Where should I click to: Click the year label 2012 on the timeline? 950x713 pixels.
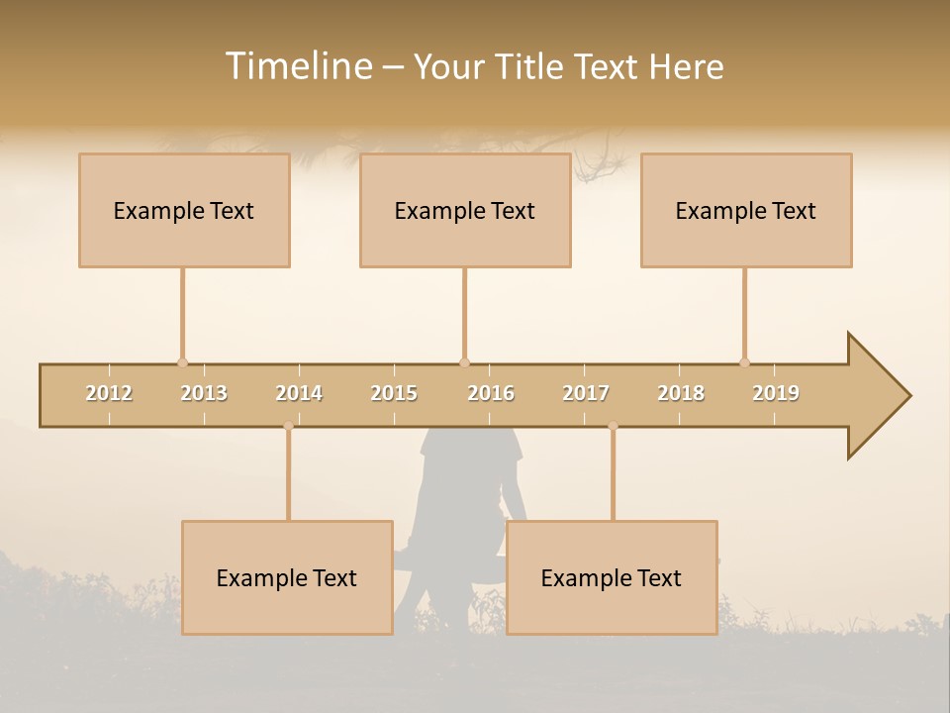[109, 393]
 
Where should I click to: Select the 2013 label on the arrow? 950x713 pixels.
[204, 393]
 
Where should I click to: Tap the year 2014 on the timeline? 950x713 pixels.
[299, 393]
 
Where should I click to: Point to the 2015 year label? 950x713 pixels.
[394, 393]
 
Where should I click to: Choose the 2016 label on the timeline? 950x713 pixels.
[491, 393]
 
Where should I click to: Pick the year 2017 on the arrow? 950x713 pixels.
[586, 393]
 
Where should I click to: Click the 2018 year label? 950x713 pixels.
[681, 393]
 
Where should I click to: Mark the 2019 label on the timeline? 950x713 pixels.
[776, 393]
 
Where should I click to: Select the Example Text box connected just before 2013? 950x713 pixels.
[184, 210]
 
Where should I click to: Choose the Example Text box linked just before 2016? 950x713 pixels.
[465, 210]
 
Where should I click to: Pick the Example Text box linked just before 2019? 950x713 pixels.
[746, 210]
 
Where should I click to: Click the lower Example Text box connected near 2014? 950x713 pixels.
[287, 577]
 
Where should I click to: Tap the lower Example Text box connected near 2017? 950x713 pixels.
[612, 577]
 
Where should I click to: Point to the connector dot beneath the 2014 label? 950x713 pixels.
[288, 426]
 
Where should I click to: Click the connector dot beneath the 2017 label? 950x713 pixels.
[613, 426]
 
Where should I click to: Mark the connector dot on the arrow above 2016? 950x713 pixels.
[464, 362]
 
